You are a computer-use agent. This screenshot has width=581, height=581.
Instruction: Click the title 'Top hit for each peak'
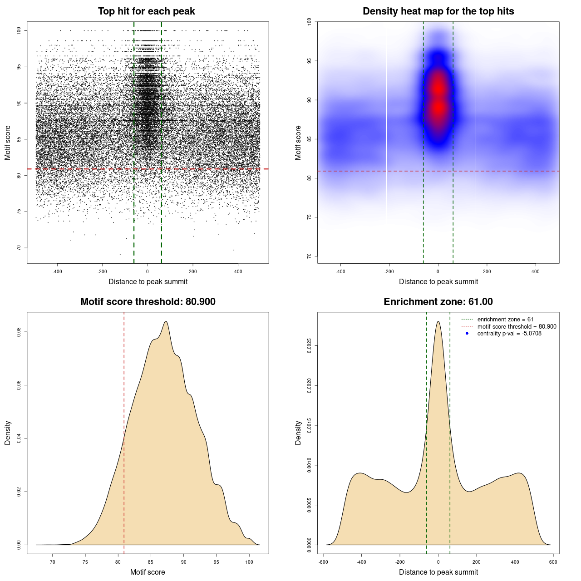[x=147, y=11]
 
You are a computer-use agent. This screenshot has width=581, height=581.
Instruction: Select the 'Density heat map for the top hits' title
[x=438, y=11]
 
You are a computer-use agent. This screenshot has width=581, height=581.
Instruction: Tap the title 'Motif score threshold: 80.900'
[x=148, y=302]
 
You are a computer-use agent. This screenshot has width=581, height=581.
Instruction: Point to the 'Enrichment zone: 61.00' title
[x=438, y=302]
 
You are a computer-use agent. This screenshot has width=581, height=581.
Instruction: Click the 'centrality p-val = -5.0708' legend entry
[x=509, y=334]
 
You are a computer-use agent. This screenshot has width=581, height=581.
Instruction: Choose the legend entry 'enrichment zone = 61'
[x=505, y=320]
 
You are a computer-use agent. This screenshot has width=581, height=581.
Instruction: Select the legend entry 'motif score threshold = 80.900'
[x=517, y=326]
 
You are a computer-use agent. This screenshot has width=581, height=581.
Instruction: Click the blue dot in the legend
[x=467, y=334]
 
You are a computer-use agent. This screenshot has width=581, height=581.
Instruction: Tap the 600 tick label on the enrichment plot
[x=553, y=562]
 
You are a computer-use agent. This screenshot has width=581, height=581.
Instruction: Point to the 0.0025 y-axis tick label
[x=309, y=346]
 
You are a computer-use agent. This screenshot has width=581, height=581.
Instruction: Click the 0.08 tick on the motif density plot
[x=19, y=332]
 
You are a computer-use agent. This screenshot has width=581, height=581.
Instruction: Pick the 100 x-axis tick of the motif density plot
[x=249, y=562]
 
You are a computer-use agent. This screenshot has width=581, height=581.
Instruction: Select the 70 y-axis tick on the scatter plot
[x=19, y=248]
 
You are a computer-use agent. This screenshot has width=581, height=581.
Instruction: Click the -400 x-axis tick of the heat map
[x=340, y=271]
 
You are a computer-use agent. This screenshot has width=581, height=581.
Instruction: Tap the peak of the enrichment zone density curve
[x=438, y=321]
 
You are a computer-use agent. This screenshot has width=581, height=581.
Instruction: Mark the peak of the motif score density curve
[x=166, y=321]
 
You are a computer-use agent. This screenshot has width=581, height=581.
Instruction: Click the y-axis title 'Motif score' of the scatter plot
[x=8, y=143]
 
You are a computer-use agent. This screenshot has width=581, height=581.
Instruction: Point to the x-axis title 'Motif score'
[x=148, y=572]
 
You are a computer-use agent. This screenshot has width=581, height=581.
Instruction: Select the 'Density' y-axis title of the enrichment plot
[x=298, y=433]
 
